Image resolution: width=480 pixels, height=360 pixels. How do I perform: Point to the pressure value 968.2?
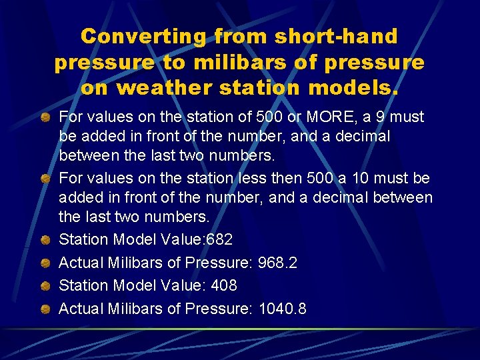pyautogui.click(x=277, y=263)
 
